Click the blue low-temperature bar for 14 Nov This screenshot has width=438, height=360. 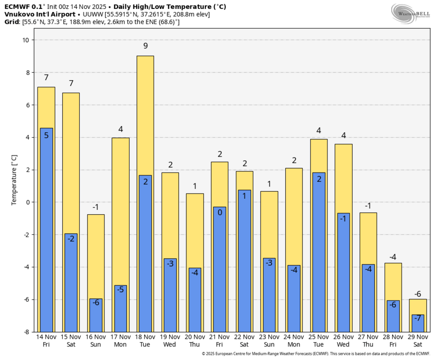point(46,230)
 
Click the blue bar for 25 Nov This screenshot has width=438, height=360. point(319,253)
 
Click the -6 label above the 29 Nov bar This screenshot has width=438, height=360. point(418,294)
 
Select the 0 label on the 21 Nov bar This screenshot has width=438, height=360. point(220,212)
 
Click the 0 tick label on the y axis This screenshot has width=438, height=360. point(28,202)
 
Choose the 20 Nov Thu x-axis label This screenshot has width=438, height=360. point(195,340)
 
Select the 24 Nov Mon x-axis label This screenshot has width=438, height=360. point(294,340)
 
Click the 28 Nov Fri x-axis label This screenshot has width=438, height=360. point(393,340)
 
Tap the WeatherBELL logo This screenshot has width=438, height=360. point(411,13)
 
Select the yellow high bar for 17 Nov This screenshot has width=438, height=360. point(120,211)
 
